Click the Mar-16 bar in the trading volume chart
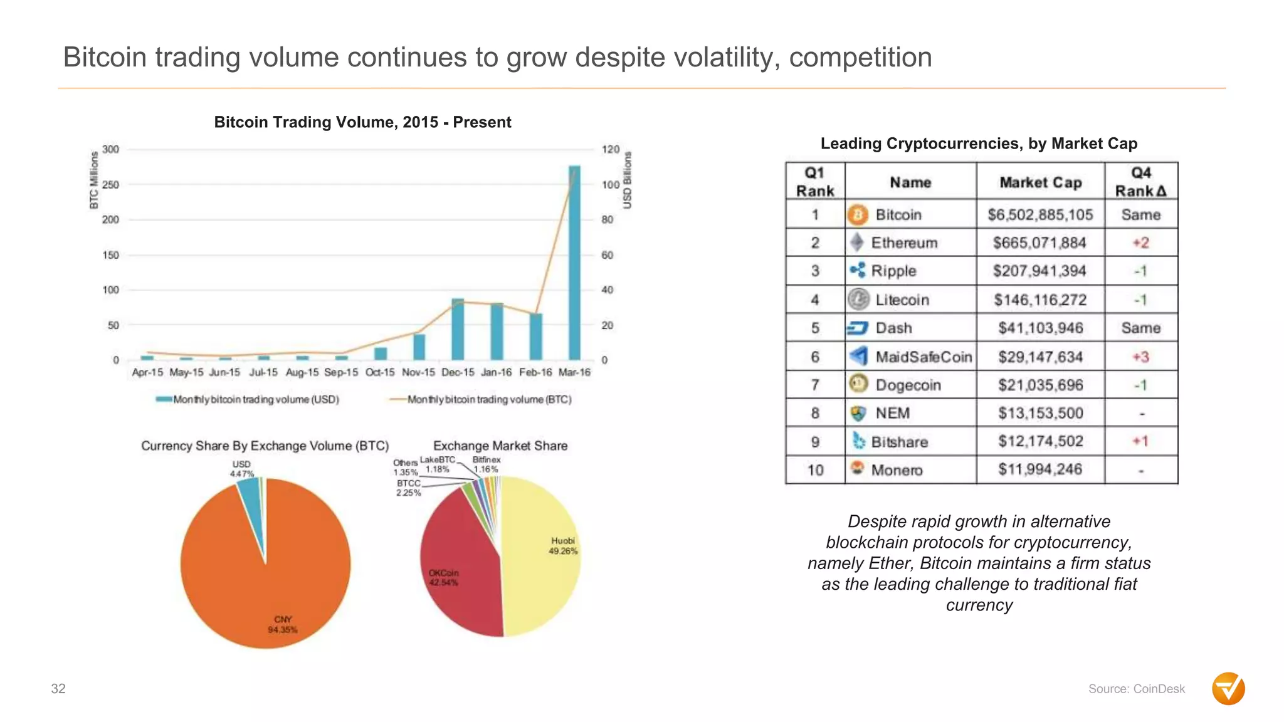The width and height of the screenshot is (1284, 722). tap(574, 263)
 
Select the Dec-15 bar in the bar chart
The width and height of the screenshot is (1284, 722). tap(458, 330)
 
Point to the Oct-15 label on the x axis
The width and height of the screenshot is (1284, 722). tap(380, 372)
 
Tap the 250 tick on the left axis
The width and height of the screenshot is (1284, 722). tap(110, 185)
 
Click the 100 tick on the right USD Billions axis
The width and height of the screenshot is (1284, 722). tap(611, 185)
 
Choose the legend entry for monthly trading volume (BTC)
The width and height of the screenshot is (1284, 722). tap(481, 400)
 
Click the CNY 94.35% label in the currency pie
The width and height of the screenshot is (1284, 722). tap(283, 624)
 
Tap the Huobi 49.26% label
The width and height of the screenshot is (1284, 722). tap(562, 546)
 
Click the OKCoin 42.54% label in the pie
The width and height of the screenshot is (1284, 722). tap(443, 578)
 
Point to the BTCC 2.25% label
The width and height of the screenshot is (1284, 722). tap(408, 488)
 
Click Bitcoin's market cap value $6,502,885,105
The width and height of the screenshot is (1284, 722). tap(1040, 215)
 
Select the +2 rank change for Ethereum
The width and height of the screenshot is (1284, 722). tap(1140, 243)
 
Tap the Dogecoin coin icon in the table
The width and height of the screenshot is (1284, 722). tap(858, 384)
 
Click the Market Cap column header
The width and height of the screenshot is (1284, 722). tap(1040, 182)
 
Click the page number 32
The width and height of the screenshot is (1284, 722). tap(58, 689)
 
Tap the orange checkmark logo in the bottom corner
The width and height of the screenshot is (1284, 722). tap(1228, 689)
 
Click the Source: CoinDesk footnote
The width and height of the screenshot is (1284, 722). tap(1136, 689)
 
